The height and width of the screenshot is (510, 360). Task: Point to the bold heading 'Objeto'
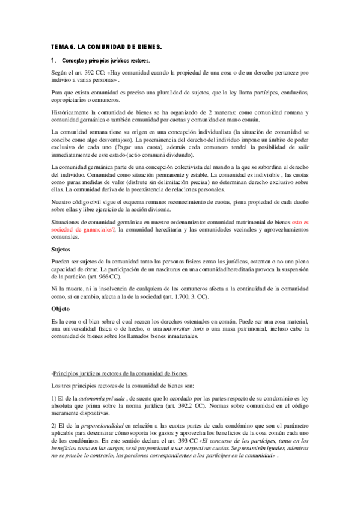point(61,309)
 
